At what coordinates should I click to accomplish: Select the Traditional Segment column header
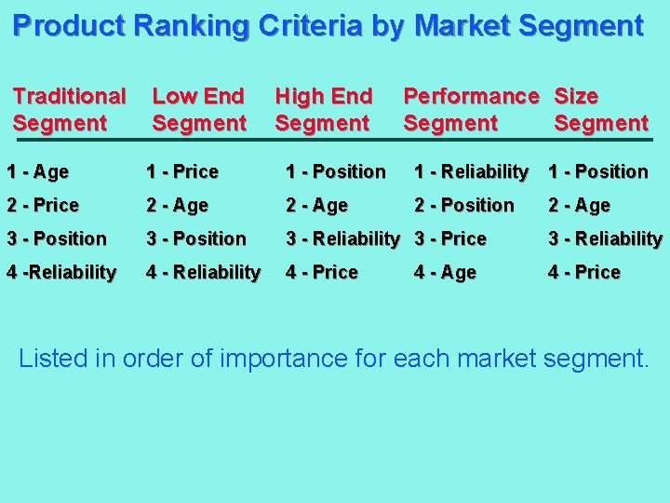pos(70,109)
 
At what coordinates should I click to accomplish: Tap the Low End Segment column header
pos(198,109)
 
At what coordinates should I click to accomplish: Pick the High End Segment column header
pos(324,109)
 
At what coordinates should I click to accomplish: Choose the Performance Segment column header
pos(470,109)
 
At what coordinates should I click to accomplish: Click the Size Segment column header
pos(600,109)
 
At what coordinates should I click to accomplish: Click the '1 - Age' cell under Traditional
pos(37,171)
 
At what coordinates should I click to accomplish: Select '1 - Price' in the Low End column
pos(182,171)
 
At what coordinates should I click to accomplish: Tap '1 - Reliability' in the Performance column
pos(471,171)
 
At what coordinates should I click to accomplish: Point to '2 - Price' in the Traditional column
pos(43,205)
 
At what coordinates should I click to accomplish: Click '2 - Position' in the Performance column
pos(464,205)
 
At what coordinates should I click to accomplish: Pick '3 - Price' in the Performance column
pos(450,238)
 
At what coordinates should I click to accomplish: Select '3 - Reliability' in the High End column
pos(342,238)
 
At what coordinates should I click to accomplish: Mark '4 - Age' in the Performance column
pos(445,272)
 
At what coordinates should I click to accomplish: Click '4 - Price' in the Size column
pos(584,272)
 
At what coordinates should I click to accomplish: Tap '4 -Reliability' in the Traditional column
pos(60,272)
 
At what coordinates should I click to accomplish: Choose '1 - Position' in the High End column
pos(335,171)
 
